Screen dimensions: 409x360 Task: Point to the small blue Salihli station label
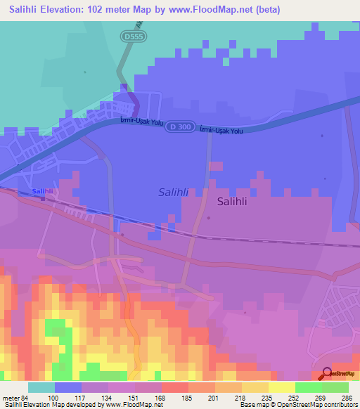pyautogui.click(x=43, y=191)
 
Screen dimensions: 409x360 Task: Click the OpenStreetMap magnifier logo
pyautogui.click(x=328, y=374)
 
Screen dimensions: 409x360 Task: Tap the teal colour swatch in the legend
pyautogui.click(x=41, y=387)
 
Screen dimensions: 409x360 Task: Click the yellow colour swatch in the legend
pyautogui.click(x=281, y=387)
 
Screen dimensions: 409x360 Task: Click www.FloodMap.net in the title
pyautogui.click(x=225, y=9)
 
